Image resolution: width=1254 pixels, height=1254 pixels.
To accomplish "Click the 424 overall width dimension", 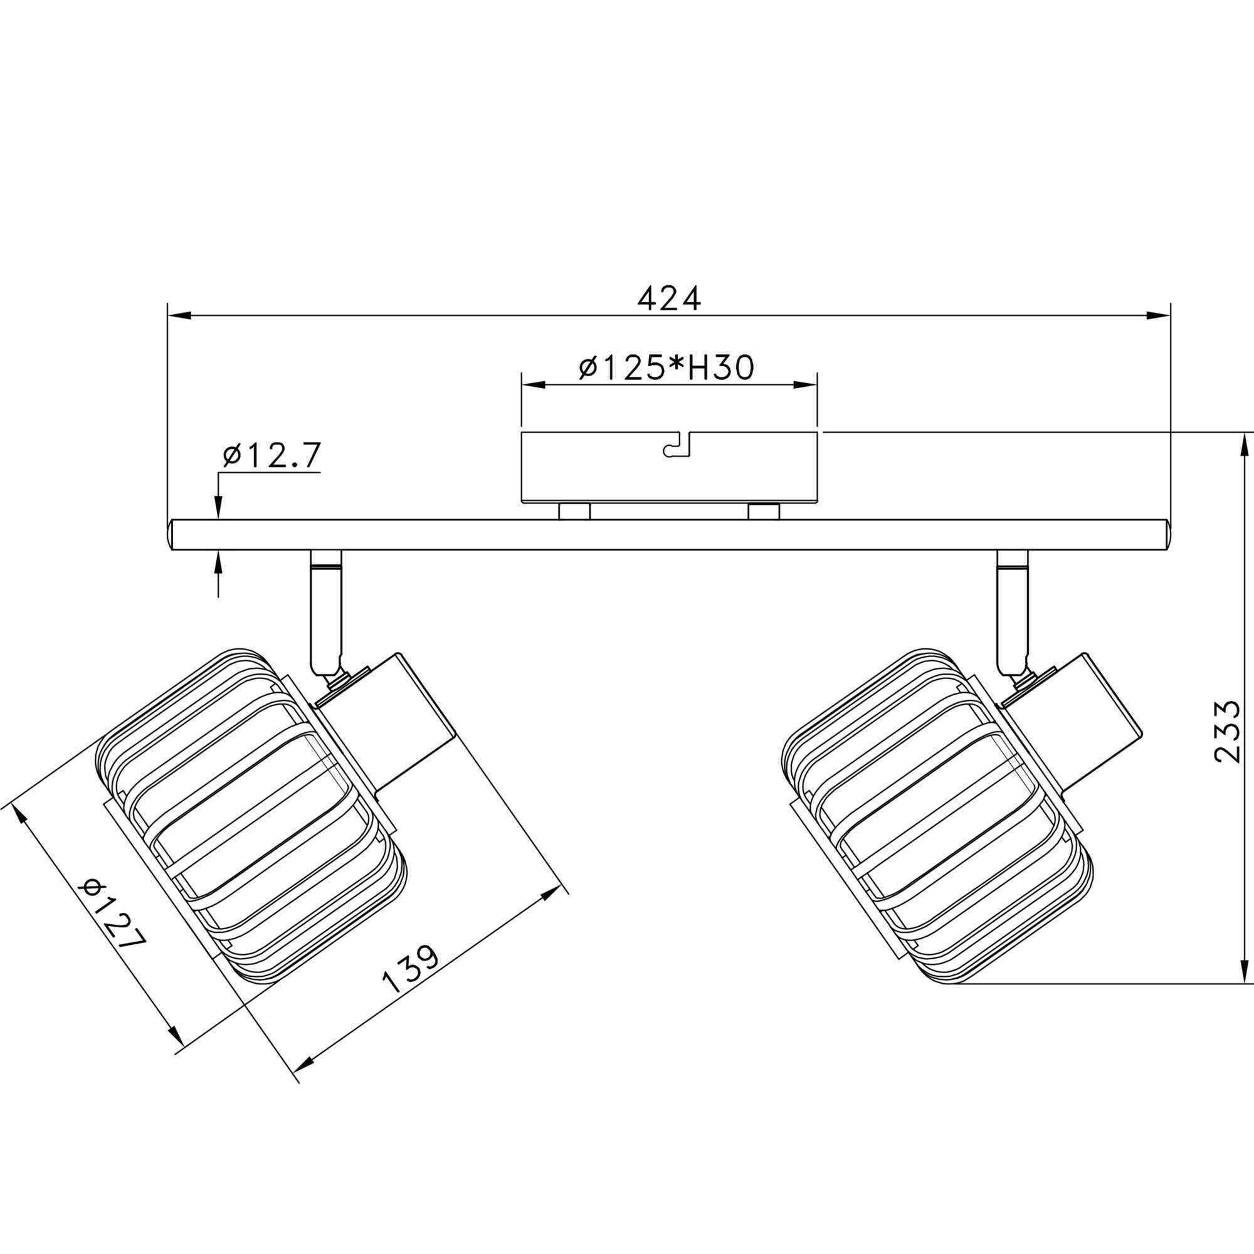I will (669, 298).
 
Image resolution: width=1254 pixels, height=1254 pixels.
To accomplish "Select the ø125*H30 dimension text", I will (667, 368).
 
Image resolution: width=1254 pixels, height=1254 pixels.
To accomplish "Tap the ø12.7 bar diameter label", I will (271, 456).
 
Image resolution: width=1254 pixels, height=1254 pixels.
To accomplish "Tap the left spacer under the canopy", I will (574, 512).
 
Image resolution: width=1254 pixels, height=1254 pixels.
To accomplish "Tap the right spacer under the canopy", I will (763, 512).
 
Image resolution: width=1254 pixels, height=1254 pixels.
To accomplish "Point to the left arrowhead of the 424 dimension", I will (179, 315).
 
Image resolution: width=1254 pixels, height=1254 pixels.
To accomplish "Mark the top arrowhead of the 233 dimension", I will (1243, 444).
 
